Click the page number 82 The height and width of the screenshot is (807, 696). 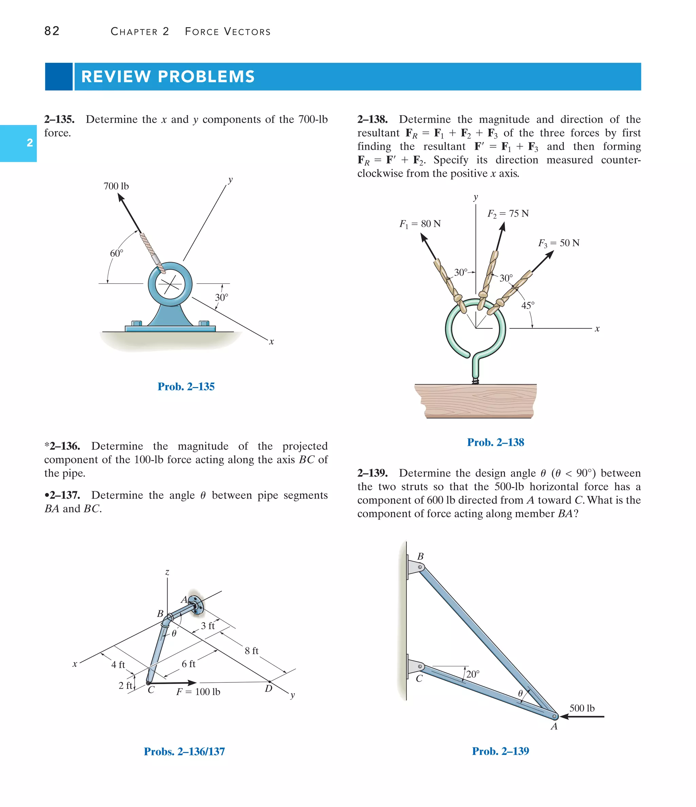[x=52, y=31]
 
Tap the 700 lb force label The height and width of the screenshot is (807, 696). [x=116, y=186]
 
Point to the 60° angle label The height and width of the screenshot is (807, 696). [x=116, y=254]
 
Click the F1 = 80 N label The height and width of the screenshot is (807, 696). [x=420, y=224]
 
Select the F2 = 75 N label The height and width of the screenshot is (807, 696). [x=508, y=214]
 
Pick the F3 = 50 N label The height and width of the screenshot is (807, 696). [x=559, y=243]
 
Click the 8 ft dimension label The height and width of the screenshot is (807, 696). [x=251, y=651]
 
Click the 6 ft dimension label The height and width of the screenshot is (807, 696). [x=188, y=664]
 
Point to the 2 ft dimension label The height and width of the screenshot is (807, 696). [x=125, y=685]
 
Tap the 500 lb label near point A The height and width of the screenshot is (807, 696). [x=582, y=708]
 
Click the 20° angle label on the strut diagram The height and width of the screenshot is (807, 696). [x=473, y=674]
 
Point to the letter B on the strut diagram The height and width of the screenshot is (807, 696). [x=420, y=556]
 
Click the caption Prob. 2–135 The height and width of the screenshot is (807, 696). [x=186, y=387]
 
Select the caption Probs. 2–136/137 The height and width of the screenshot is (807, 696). [x=184, y=751]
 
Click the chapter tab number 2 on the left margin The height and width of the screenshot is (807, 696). [x=30, y=143]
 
